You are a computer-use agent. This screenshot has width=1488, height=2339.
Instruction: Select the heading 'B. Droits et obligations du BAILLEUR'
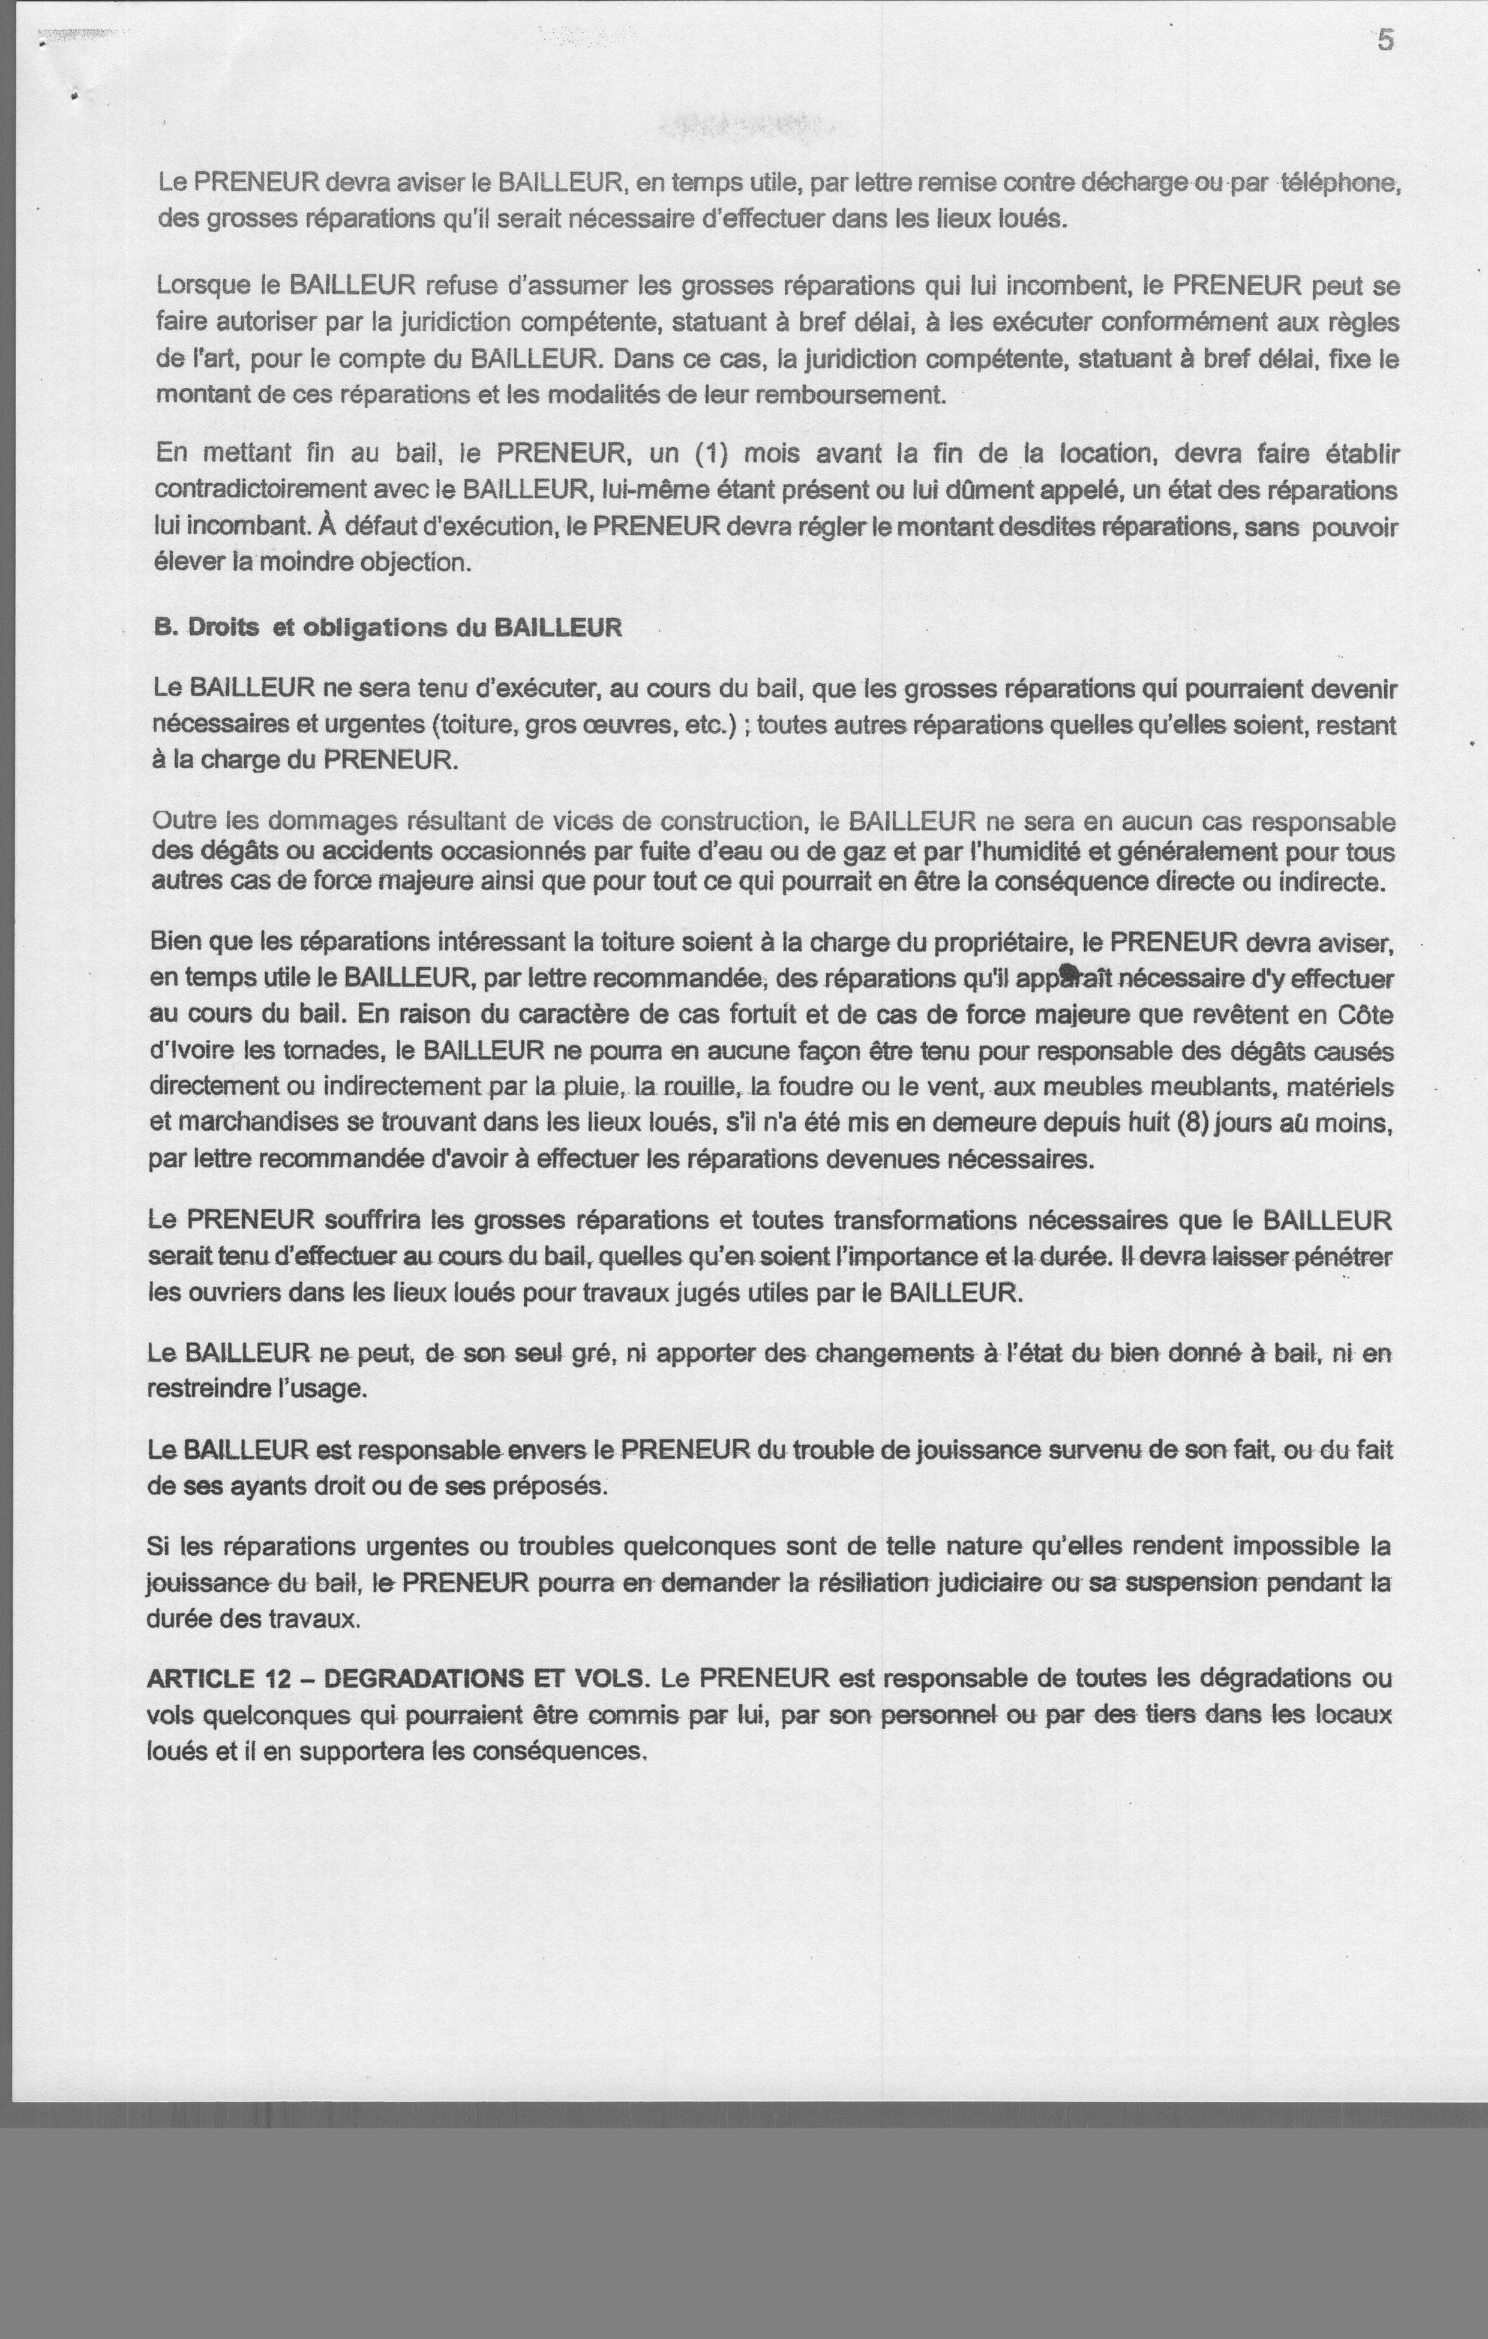click(x=388, y=627)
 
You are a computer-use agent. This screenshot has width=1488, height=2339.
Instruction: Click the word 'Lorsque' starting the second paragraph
click(x=204, y=286)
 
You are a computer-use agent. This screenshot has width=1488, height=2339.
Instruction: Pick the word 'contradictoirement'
click(x=262, y=490)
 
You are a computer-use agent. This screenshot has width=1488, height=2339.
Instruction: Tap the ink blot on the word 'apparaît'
click(x=1069, y=974)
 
